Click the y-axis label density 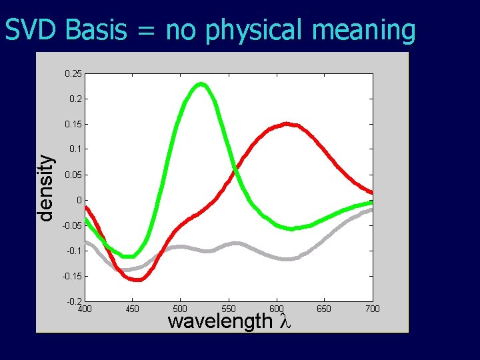coord(45,187)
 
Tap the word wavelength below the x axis coord(220,321)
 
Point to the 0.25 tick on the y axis coord(73,73)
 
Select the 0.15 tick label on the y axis coord(73,124)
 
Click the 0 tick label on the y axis coord(79,200)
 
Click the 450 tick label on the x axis coord(132,309)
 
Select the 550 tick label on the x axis coord(228,309)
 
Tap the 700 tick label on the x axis coord(372,309)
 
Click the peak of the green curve coord(201,84)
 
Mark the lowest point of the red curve coord(139,279)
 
